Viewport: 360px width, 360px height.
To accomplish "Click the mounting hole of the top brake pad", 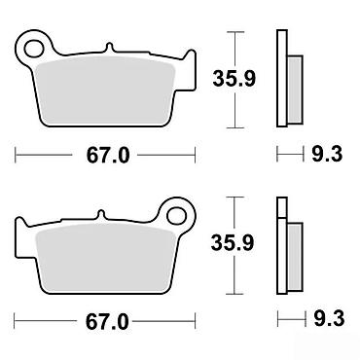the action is pyautogui.click(x=34, y=50).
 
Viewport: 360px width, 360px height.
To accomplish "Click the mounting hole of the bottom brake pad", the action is pyautogui.click(x=178, y=215).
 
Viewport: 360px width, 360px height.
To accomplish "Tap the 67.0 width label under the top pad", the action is pyautogui.click(x=108, y=156).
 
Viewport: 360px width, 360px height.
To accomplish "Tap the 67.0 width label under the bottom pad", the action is pyautogui.click(x=107, y=322).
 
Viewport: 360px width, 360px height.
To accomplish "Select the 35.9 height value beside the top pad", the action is pyautogui.click(x=234, y=79).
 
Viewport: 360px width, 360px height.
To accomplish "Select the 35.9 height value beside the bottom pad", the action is pyautogui.click(x=233, y=243).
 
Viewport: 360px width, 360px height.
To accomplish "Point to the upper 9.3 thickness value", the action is pyautogui.click(x=327, y=154).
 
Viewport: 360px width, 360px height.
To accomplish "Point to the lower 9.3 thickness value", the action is pyautogui.click(x=329, y=319).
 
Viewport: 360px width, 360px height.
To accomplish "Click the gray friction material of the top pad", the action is pyautogui.click(x=104, y=91).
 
